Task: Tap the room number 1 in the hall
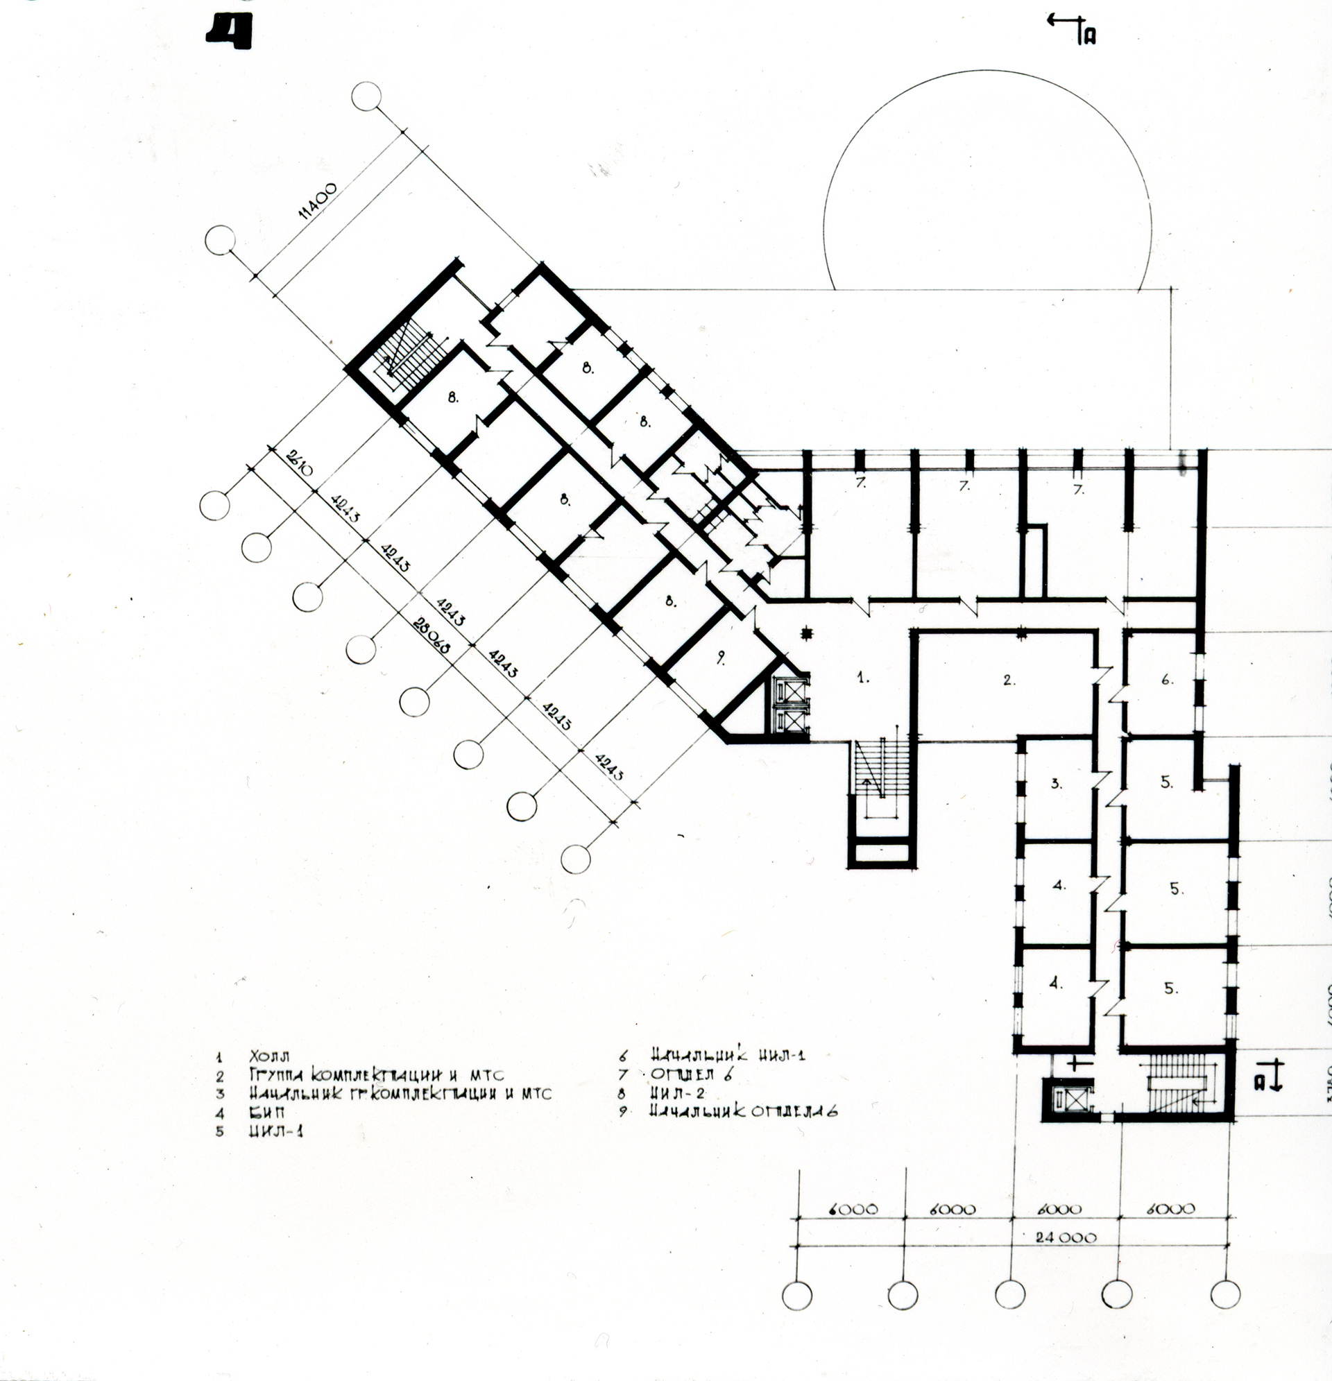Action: click(862, 679)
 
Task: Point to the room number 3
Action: click(1057, 783)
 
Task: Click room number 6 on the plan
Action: click(1167, 680)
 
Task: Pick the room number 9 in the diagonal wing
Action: click(720, 658)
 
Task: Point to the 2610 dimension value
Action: click(295, 462)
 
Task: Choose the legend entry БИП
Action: click(267, 1113)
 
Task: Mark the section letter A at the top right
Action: click(1089, 35)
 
